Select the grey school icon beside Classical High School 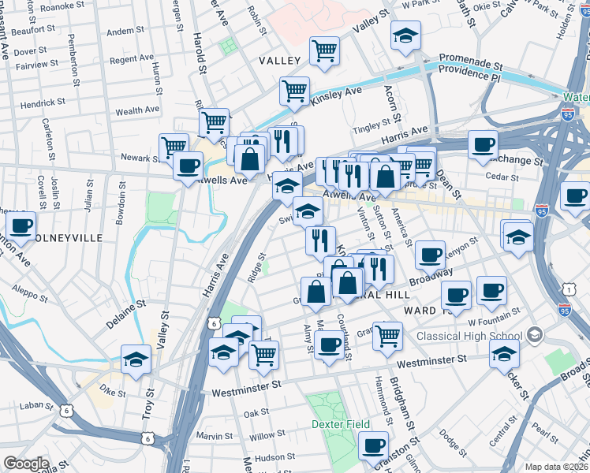[x=536, y=335]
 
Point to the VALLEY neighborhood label [x=278, y=61]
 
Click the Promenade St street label [x=471, y=58]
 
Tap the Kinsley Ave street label [x=336, y=96]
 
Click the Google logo [x=26, y=464]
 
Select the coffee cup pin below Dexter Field [x=373, y=445]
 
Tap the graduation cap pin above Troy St [x=136, y=359]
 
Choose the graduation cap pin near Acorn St [x=405, y=35]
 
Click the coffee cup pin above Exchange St [x=483, y=144]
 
